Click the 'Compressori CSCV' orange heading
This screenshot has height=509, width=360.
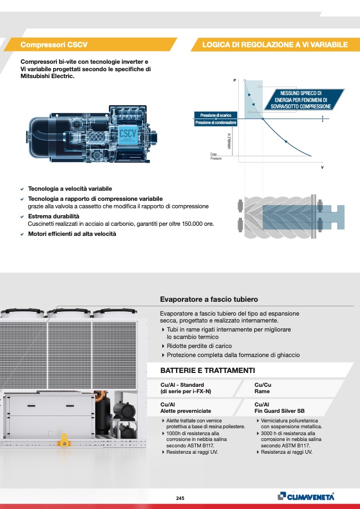[53, 45]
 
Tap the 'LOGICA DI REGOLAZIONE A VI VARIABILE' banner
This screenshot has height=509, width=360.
[275, 45]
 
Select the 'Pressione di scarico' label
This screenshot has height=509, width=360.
[216, 115]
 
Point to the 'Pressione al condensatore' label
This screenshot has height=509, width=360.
[216, 123]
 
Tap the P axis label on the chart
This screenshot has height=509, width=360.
[234, 80]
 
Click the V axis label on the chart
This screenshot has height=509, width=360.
[322, 167]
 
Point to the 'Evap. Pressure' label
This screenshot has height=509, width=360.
[215, 157]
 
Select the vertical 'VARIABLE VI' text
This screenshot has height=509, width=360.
[229, 141]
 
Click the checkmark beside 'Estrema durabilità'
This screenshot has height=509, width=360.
[22, 217]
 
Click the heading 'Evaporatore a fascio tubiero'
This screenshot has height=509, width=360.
[209, 300]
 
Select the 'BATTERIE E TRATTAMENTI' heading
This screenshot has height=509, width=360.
[207, 370]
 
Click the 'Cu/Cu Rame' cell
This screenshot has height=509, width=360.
[263, 388]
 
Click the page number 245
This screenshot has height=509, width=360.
[180, 498]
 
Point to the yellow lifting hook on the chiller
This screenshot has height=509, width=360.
[64, 439]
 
